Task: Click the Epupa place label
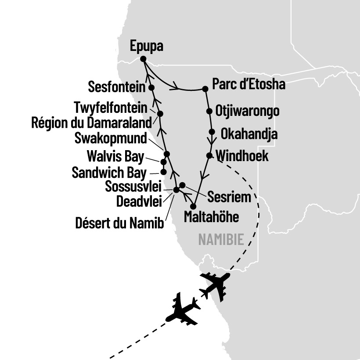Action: click(x=147, y=46)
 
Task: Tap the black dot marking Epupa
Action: click(x=143, y=59)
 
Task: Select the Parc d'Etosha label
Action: click(x=248, y=84)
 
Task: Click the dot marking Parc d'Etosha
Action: click(x=205, y=89)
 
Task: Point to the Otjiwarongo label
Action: click(x=247, y=111)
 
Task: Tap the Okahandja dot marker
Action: click(x=212, y=132)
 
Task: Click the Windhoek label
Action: click(x=242, y=156)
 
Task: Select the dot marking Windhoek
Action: click(x=209, y=155)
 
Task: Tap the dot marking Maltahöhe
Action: click(x=193, y=206)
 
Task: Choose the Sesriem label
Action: click(x=229, y=197)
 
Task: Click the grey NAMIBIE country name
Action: click(x=221, y=240)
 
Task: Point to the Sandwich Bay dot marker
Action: click(x=163, y=171)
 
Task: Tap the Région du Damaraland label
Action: click(x=92, y=122)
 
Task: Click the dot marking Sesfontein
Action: click(x=151, y=88)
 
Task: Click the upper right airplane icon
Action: click(x=215, y=284)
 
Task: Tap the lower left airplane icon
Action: click(x=184, y=309)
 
